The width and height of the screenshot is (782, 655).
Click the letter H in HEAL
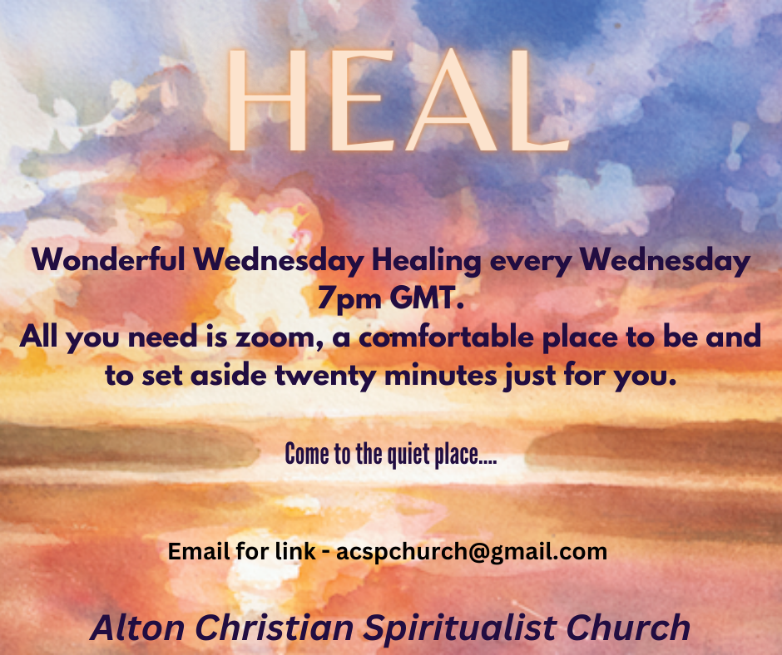pyautogui.click(x=267, y=100)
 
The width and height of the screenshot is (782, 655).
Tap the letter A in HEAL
pyautogui.click(x=452, y=100)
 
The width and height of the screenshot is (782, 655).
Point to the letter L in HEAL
pyautogui.click(x=541, y=100)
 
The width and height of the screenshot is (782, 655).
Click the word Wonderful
pyautogui.click(x=108, y=259)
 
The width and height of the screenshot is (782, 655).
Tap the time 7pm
pyautogui.click(x=349, y=298)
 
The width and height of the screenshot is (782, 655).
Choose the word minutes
pyautogui.click(x=441, y=376)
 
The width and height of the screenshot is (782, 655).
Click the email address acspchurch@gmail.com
pyautogui.click(x=472, y=552)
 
